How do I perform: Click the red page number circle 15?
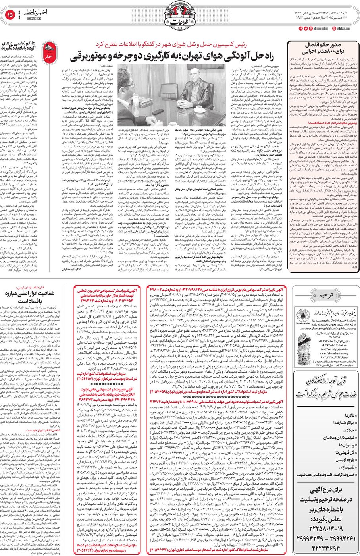click(x=10, y=15)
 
